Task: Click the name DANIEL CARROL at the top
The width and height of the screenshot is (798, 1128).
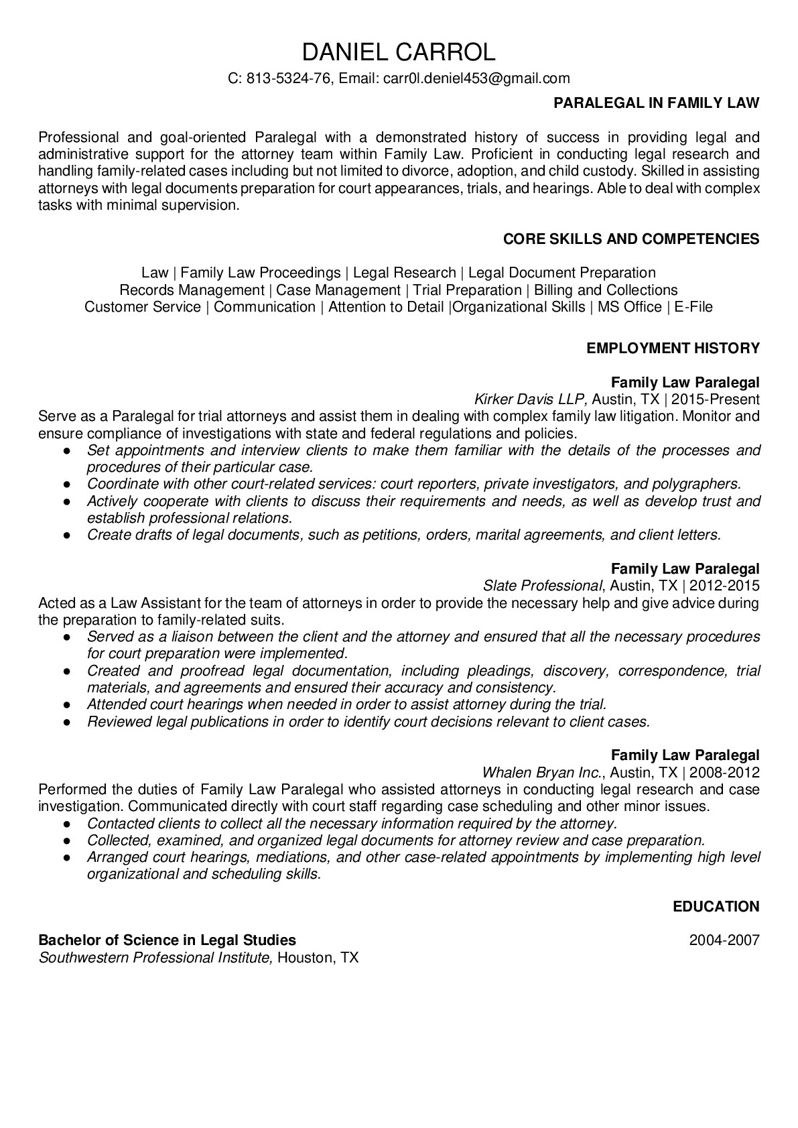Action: [x=399, y=51]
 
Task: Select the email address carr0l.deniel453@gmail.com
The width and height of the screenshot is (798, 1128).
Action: [x=476, y=78]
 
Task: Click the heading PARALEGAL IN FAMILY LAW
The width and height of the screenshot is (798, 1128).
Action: [x=657, y=103]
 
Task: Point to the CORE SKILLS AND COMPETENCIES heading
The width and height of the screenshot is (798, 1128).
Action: [x=631, y=239]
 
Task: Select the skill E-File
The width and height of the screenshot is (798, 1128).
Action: [x=693, y=307]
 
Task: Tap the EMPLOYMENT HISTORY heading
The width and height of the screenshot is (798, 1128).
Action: [x=673, y=348]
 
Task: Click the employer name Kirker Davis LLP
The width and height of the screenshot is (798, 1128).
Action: [x=531, y=399]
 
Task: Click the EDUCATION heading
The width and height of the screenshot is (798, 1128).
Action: [x=716, y=907]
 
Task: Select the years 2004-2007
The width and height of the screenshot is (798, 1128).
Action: [x=724, y=940]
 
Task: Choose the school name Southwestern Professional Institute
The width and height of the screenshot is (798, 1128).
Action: [x=155, y=957]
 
